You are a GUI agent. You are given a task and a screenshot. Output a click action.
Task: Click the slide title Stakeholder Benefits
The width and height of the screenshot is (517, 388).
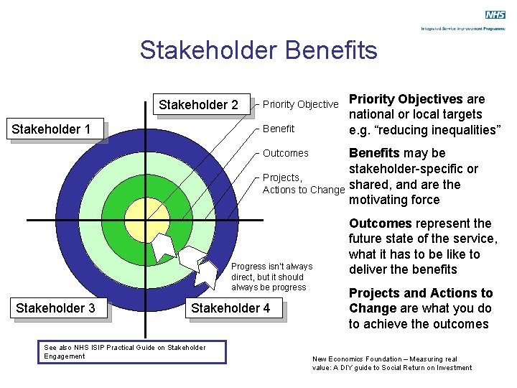[258, 50]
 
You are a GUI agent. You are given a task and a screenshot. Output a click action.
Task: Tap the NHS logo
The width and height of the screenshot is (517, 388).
[495, 15]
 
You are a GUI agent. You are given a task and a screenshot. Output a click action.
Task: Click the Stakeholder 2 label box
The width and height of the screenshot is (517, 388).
[198, 105]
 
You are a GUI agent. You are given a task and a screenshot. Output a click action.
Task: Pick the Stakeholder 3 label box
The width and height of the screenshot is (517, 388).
[55, 308]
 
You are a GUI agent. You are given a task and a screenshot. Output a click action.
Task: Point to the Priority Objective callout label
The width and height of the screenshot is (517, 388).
[300, 105]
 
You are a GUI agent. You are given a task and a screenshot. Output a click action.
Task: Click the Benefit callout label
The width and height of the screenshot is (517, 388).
[279, 129]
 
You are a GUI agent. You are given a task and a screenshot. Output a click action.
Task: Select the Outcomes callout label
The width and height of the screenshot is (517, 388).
[286, 153]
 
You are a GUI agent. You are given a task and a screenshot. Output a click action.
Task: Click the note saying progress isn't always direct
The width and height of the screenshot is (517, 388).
[271, 277]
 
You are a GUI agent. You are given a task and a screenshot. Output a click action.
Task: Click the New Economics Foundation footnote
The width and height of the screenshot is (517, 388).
[392, 363]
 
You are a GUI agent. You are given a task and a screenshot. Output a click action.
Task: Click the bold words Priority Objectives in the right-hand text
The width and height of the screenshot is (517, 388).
[406, 99]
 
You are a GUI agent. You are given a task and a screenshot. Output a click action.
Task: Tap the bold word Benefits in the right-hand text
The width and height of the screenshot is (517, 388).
[374, 153]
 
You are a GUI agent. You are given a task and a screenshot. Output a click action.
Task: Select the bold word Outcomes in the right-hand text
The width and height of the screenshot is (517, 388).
[380, 223]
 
